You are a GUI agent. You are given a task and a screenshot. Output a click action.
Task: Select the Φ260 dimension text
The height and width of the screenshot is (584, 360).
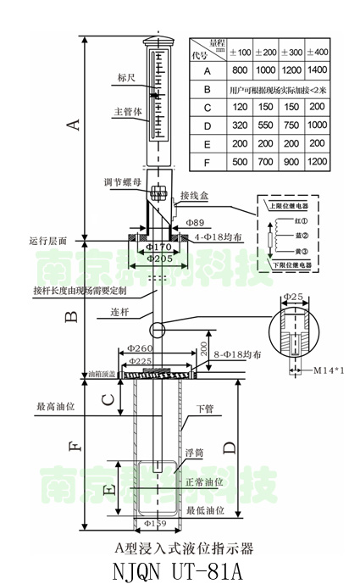(x=141, y=348)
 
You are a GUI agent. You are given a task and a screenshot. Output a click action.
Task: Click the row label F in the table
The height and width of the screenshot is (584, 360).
(x=206, y=162)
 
